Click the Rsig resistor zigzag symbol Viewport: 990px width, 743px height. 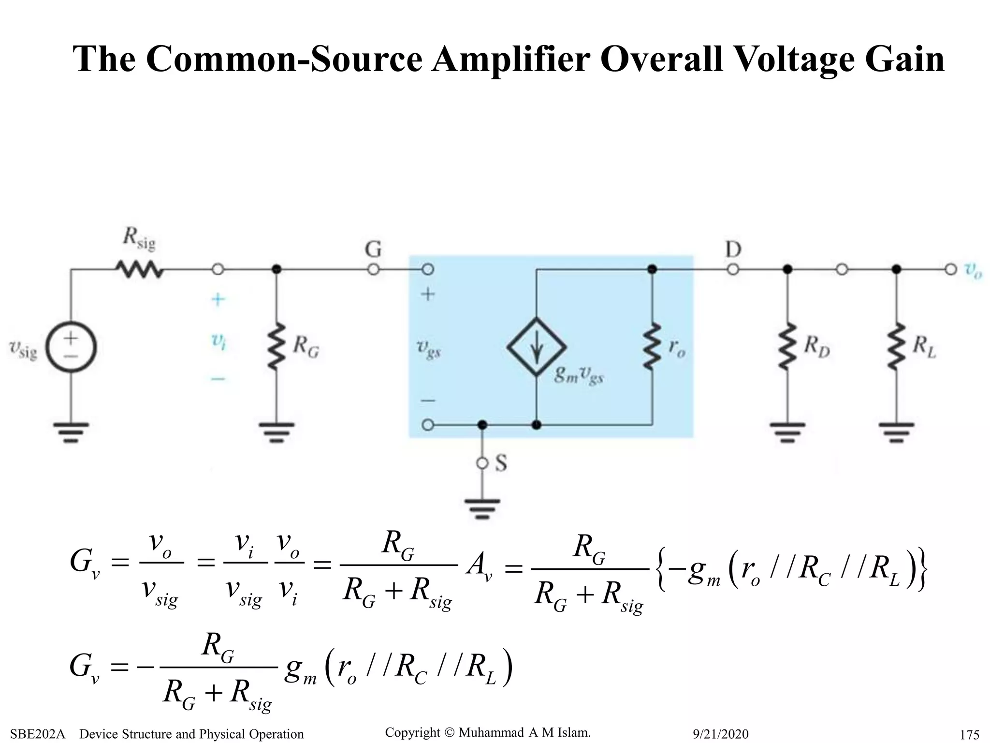click(139, 269)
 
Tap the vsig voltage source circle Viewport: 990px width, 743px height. click(71, 347)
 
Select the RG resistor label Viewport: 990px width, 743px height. click(306, 347)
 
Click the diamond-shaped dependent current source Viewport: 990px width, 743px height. click(536, 347)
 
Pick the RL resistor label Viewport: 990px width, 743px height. click(924, 347)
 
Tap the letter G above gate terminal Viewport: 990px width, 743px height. click(373, 250)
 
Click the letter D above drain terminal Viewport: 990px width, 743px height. click(733, 250)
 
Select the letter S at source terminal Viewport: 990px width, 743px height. click(501, 463)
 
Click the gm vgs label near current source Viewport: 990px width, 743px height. click(578, 375)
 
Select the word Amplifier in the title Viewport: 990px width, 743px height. click(510, 59)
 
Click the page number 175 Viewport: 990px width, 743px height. click(969, 734)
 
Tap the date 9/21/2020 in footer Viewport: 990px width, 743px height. click(720, 734)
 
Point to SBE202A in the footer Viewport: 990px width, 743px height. click(37, 734)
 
